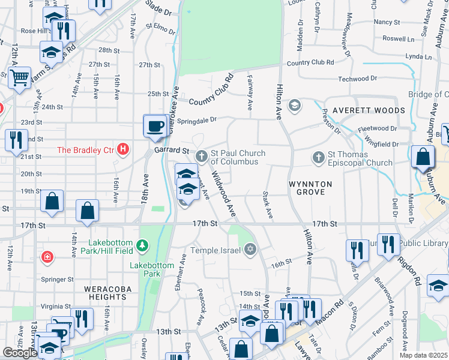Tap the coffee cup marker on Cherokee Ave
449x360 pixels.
click(x=155, y=126)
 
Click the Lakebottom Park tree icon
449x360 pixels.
click(x=142, y=245)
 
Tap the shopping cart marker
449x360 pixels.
click(x=20, y=77)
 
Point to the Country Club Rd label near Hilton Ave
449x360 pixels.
click(x=310, y=62)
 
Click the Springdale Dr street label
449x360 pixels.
click(x=197, y=120)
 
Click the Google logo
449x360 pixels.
click(x=20, y=353)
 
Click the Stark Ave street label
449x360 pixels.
click(x=267, y=205)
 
